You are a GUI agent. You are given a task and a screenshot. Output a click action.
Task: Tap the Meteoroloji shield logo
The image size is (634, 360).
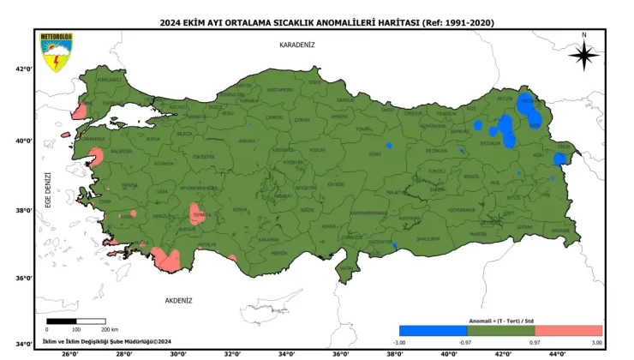pos(54,52)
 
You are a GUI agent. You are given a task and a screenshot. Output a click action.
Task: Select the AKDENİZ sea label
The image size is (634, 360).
pos(178,301)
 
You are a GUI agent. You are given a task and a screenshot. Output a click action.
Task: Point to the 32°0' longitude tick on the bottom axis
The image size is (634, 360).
pos(232,353)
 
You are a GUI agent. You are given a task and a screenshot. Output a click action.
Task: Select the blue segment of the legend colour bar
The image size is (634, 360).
pos(433,330)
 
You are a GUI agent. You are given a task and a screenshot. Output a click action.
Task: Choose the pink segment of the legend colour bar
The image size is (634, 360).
pos(568,330)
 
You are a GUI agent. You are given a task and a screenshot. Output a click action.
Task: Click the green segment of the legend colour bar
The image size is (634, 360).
pos(500,330)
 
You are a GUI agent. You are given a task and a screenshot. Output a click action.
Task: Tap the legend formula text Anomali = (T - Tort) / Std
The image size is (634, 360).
pos(500,319)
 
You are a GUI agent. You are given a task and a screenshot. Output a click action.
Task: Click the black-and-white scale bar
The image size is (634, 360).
pos(76,321)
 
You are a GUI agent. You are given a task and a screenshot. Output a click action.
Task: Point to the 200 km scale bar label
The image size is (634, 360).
pos(109,329)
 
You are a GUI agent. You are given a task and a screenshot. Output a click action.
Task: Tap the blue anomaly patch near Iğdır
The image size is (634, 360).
pos(560,159)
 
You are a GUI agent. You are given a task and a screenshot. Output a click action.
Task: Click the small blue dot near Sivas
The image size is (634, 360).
pos(389,145)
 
